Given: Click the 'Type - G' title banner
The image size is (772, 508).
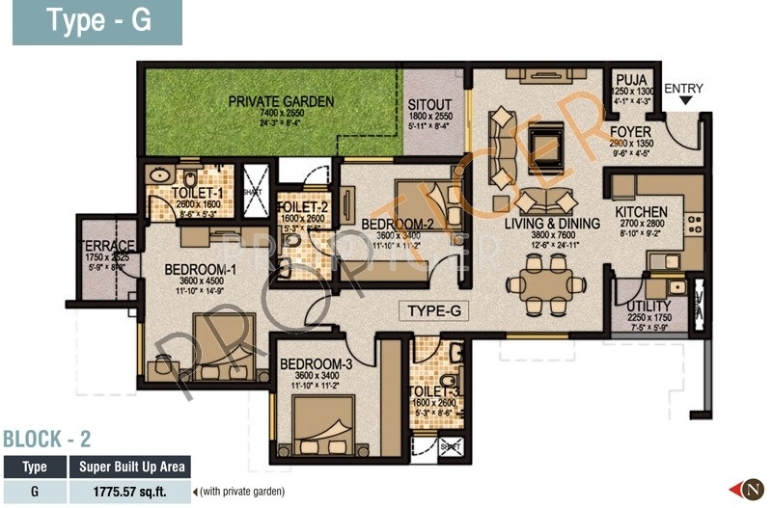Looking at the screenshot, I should [96, 22].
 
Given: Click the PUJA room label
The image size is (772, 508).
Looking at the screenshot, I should [632, 80].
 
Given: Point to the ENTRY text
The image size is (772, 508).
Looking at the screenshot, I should [684, 89].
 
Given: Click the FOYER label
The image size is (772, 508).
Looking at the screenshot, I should [631, 131].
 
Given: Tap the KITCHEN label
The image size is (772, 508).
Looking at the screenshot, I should [641, 212].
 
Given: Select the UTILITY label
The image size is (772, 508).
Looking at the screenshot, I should [636, 307].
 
